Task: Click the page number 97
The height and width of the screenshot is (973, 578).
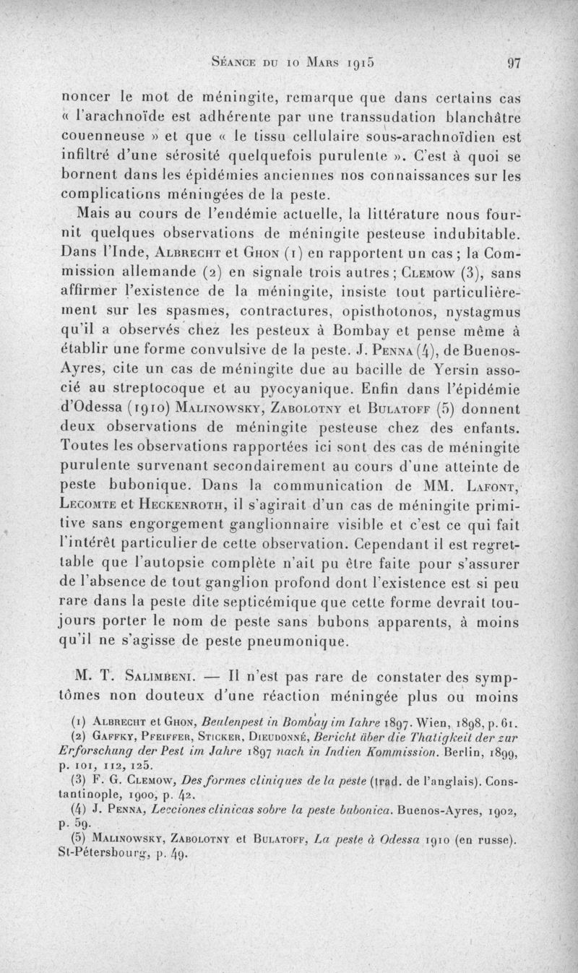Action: [x=514, y=63]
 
